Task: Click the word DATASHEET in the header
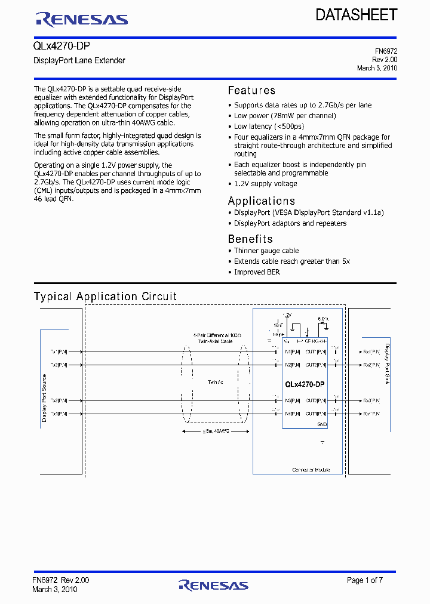357,15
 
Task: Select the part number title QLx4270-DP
62,47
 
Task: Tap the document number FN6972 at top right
385,51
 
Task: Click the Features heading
251,91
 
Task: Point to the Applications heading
262,201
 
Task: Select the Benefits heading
250,239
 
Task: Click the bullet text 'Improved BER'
257,272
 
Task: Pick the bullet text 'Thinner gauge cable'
266,251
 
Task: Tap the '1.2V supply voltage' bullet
265,184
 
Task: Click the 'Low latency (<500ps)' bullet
269,127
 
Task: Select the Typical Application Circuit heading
105,297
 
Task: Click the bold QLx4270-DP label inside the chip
305,384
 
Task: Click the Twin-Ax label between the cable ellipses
216,382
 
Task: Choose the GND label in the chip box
322,424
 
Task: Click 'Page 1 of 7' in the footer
365,580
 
